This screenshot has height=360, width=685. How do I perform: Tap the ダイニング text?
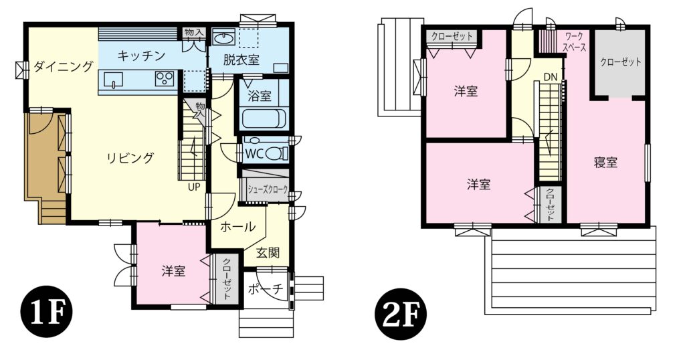coord(63,66)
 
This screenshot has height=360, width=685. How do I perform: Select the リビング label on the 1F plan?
coord(130,159)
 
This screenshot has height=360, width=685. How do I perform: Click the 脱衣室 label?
coord(242,60)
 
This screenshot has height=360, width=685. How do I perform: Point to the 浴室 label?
coord(260,96)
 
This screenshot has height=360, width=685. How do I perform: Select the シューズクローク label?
coord(268,189)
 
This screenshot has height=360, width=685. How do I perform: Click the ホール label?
coord(237,227)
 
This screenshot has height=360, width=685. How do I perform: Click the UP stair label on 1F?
coord(194,187)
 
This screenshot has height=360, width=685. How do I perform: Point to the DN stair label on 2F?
coord(550,77)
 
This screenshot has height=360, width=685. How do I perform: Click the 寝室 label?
coord(605,163)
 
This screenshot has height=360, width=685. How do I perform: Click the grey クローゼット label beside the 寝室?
coord(620,62)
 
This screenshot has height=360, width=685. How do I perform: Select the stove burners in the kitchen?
coord(164,79)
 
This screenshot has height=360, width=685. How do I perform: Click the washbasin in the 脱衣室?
coord(223,36)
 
